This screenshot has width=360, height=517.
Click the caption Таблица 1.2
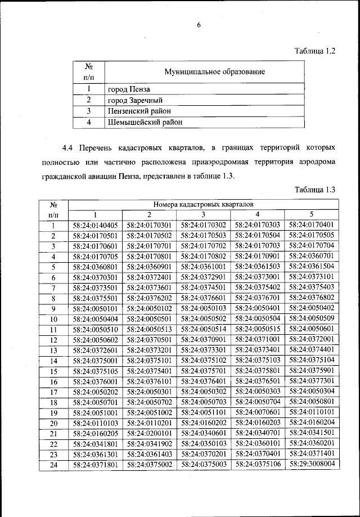[x=315, y=51]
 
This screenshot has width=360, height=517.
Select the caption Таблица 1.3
[x=315, y=189]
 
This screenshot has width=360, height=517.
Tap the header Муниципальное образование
[x=214, y=72]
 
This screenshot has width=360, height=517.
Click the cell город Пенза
[x=129, y=89]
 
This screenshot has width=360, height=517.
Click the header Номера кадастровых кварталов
[x=203, y=204]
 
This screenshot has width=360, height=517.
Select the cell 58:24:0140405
[x=96, y=225]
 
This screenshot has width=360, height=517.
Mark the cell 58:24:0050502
[x=204, y=318]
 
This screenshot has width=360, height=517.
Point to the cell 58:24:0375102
[x=204, y=361]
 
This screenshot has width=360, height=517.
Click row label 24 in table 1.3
[x=53, y=465]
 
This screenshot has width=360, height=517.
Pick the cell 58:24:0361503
[x=258, y=266]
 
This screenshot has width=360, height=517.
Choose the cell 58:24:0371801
[x=96, y=465]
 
